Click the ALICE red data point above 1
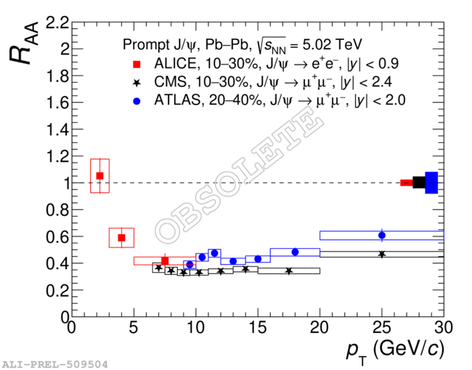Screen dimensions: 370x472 pyautogui.click(x=99, y=176)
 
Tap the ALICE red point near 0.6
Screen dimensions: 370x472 pyautogui.click(x=121, y=237)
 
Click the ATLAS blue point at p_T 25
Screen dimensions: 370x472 pyautogui.click(x=382, y=235)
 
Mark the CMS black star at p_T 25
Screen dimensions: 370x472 pyautogui.click(x=382, y=254)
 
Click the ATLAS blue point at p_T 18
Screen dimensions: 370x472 pyautogui.click(x=295, y=252)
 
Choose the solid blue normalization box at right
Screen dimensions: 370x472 pyautogui.click(x=431, y=183)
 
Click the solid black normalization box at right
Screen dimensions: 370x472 pyautogui.click(x=419, y=183)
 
